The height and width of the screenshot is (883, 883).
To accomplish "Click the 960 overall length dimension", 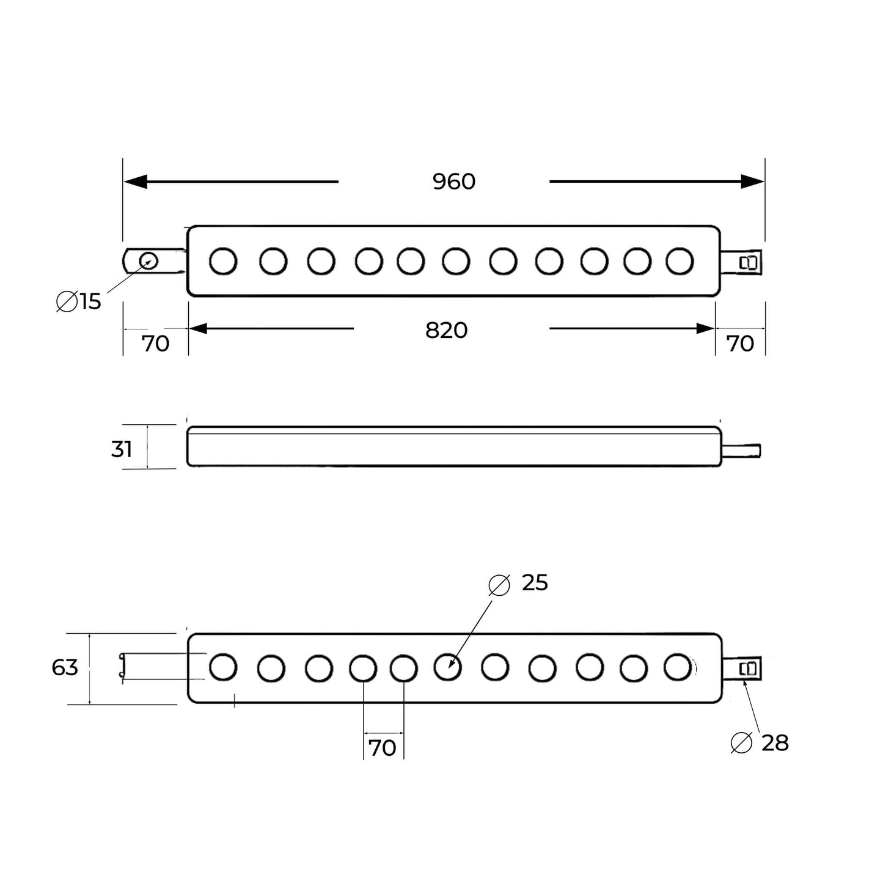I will tap(453, 181).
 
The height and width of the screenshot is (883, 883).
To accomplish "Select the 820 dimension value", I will tap(446, 330).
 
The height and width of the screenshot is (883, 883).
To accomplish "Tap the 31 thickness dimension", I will tap(122, 449).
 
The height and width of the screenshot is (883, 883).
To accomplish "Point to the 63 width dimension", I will tap(65, 667).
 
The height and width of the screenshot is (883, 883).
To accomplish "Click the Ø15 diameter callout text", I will tap(79, 301).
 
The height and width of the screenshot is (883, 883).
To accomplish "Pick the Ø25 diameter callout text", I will tap(519, 583).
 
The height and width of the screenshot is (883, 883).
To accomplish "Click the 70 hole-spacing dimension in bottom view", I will tap(383, 747).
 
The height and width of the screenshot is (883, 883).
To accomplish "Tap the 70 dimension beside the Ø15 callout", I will tap(155, 344).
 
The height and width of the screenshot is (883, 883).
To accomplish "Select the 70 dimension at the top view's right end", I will tap(740, 344).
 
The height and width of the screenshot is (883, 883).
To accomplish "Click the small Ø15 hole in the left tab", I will tap(148, 262).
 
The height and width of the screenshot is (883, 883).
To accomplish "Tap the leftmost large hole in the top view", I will tap(223, 261).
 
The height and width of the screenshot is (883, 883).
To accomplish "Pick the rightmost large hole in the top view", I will tap(680, 261).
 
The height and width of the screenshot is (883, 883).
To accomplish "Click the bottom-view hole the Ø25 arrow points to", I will tap(448, 667).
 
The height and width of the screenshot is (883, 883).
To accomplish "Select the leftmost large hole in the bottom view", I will tap(223, 667).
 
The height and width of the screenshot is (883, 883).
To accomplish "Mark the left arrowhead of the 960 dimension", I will tap(135, 181).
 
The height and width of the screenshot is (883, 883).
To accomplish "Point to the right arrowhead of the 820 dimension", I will tap(705, 329).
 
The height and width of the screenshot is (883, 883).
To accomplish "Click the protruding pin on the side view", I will tap(741, 451).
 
